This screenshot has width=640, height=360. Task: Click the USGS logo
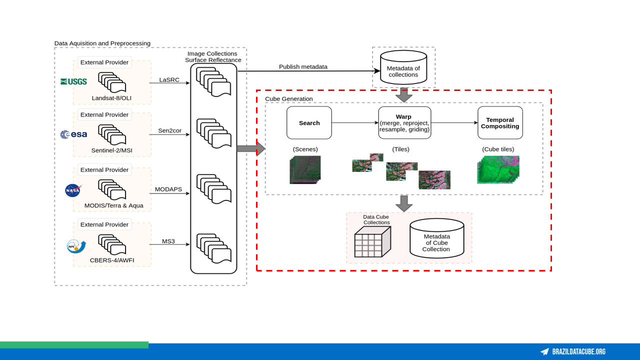[73, 81]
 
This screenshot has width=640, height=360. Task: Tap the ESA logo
[73, 134]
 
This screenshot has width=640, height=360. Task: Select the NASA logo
[73, 190]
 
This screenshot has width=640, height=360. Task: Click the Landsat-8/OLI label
[111, 98]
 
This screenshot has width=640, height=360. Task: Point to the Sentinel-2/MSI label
[111, 150]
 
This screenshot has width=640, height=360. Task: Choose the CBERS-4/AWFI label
[112, 260]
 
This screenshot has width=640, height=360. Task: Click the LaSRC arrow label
[169, 79]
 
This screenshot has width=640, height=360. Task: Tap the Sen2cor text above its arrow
[170, 131]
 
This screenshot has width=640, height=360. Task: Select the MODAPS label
[168, 189]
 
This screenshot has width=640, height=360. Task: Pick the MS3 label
[168, 241]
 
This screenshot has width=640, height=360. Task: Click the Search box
[309, 123]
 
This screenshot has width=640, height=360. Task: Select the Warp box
[404, 123]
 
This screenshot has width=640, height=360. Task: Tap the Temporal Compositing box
[500, 123]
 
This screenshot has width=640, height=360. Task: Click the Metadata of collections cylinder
[403, 68]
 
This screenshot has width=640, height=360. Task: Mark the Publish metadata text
[303, 66]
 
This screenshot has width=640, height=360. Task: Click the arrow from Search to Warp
[355, 123]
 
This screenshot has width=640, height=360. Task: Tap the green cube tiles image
[498, 169]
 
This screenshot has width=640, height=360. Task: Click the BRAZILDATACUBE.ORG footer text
[578, 352]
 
